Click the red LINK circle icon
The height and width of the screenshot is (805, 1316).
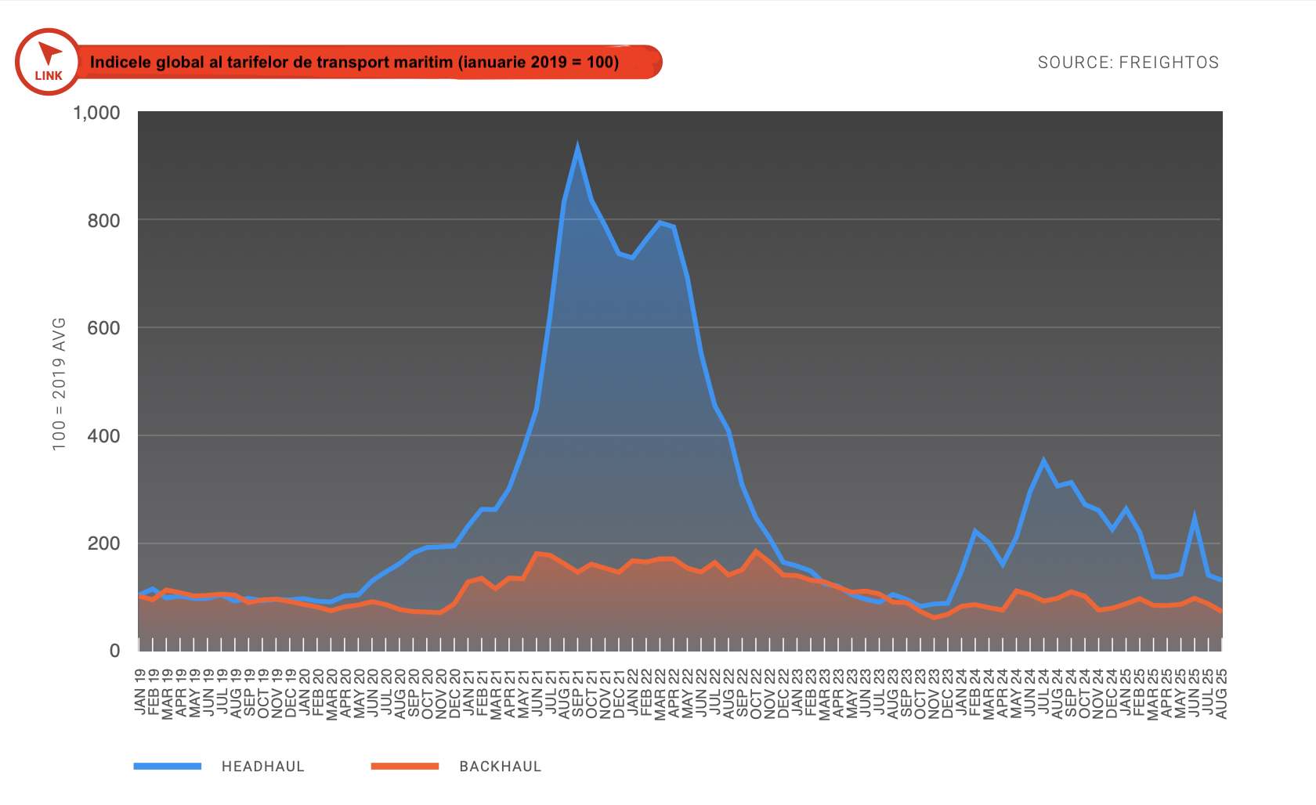[48, 62]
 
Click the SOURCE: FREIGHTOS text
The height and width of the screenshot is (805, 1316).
[1128, 63]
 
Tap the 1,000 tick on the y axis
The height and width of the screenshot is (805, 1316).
[96, 113]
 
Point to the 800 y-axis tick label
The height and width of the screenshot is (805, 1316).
[104, 221]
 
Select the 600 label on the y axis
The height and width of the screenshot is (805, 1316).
[104, 328]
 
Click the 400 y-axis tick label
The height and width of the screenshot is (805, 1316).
[104, 436]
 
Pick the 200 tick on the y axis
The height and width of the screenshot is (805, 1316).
[104, 543]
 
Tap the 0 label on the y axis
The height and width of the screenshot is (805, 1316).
[114, 651]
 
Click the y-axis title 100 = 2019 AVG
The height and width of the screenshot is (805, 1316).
[59, 384]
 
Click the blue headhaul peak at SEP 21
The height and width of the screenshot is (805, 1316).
[577, 149]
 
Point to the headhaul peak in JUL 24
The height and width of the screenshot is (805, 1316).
[1043, 460]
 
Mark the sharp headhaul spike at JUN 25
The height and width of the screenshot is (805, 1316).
[1195, 518]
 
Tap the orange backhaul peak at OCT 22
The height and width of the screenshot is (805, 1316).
[756, 551]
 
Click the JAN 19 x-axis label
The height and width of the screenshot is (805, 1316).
[140, 691]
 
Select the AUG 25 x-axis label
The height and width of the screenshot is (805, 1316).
[1221, 693]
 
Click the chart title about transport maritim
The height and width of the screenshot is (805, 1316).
[354, 62]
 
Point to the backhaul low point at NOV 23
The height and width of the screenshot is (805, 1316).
[934, 618]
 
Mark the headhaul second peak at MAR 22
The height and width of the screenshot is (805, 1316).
[660, 222]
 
